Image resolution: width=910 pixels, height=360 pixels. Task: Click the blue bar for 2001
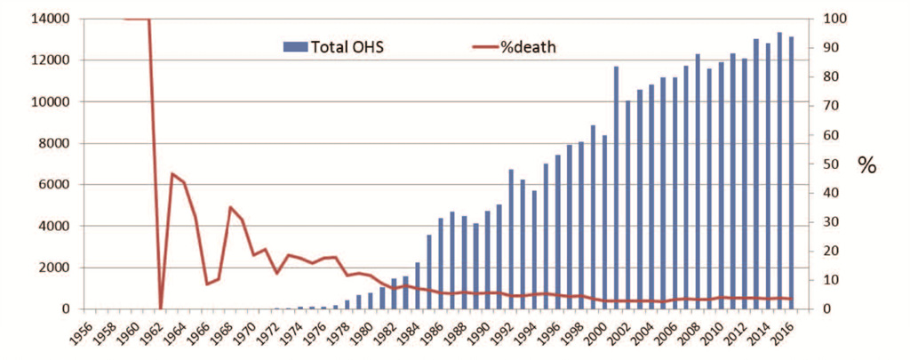click(616, 188)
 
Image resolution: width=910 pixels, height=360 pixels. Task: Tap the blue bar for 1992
click(511, 239)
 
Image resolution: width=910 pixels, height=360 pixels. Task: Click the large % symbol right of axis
click(866, 164)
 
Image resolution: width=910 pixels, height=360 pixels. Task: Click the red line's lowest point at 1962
click(161, 308)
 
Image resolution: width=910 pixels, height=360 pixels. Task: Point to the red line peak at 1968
click(230, 207)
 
